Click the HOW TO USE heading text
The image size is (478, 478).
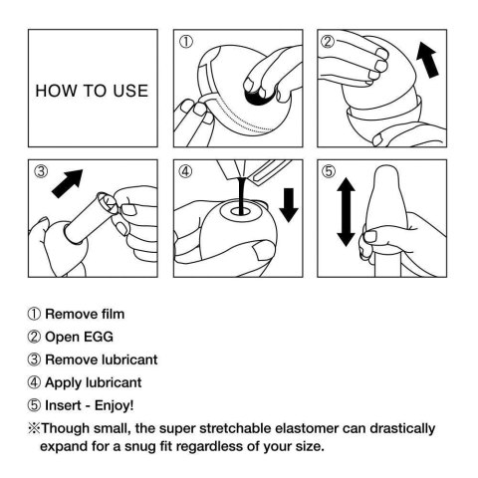[x=92, y=91]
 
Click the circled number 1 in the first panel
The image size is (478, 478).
[x=186, y=42]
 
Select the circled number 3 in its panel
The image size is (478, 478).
[x=41, y=171]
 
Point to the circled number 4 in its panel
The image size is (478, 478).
[x=186, y=171]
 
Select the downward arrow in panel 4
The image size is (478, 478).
[x=290, y=204]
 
